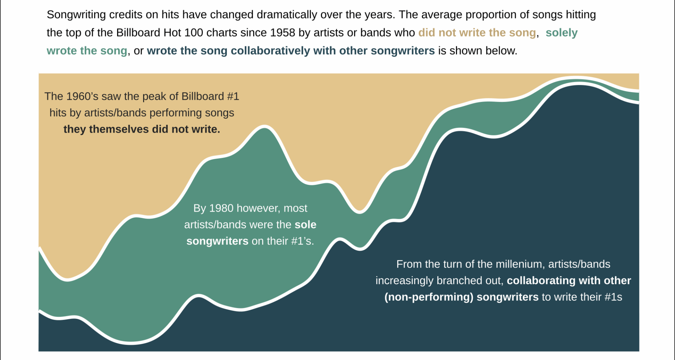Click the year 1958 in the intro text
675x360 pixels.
(283, 33)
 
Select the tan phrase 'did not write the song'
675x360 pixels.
(477, 33)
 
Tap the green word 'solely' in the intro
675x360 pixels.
(561, 33)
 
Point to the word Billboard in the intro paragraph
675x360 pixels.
(138, 33)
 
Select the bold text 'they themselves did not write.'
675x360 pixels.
(142, 129)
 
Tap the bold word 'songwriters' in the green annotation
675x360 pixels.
(217, 241)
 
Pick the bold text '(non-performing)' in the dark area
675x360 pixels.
(429, 297)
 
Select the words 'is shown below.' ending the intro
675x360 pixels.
(478, 51)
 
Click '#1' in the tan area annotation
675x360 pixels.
(233, 96)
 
